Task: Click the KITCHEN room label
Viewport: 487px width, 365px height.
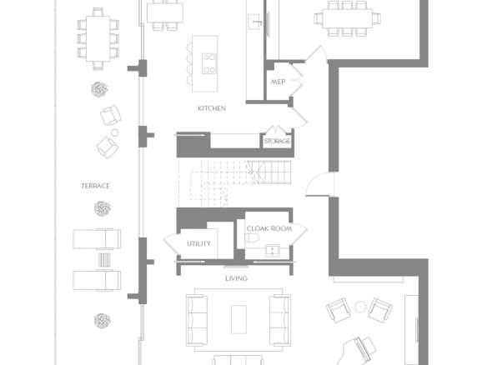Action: (x=212, y=108)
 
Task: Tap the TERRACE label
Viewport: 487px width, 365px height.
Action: (x=95, y=186)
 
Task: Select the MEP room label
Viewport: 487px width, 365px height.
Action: (x=278, y=82)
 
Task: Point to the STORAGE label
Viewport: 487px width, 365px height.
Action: (x=277, y=141)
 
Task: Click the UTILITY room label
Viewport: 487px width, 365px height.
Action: (x=198, y=243)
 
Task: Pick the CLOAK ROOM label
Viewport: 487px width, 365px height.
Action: (x=269, y=228)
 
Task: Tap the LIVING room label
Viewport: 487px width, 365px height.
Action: (x=236, y=278)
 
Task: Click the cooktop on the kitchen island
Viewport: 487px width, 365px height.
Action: (x=209, y=63)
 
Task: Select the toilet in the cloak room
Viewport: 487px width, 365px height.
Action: (x=252, y=238)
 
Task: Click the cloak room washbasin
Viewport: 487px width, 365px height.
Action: (x=273, y=251)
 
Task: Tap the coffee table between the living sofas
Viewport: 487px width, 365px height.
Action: (x=238, y=319)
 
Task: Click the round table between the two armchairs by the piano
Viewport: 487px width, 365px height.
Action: (x=360, y=307)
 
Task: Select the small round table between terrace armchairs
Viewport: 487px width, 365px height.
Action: (x=114, y=132)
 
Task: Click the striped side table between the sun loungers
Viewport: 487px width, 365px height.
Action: (x=104, y=260)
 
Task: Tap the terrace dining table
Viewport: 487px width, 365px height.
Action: (x=98, y=39)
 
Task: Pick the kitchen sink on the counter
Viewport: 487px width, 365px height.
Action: (x=254, y=22)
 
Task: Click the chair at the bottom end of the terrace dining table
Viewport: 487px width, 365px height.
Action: (x=98, y=66)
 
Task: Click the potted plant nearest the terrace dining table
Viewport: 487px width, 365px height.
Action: (x=99, y=89)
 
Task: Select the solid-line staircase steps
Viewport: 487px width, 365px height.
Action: (x=269, y=172)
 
